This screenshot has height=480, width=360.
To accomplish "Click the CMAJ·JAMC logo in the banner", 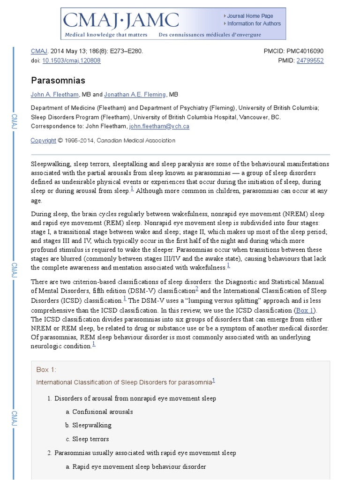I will (x=121, y=21).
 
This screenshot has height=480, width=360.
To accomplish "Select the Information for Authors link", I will (x=254, y=23).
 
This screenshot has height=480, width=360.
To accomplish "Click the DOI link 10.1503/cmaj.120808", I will (x=71, y=60).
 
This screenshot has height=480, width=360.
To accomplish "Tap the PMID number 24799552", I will (x=310, y=60).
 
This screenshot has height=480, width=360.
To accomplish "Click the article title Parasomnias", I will (x=58, y=81).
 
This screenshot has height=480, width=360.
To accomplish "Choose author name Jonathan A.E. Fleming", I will (x=135, y=95).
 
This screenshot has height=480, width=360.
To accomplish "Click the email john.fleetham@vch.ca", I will (x=159, y=126).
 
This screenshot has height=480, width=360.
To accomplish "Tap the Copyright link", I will (x=43, y=141).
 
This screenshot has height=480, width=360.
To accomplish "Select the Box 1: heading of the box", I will (x=46, y=370).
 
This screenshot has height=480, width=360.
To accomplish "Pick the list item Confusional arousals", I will (x=103, y=412).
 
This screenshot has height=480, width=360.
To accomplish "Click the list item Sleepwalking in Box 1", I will (x=92, y=425).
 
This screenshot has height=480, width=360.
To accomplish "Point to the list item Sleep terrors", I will (x=90, y=439).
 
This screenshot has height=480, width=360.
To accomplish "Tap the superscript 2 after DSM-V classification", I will (x=197, y=289).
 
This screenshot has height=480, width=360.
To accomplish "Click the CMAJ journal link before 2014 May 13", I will (x=39, y=51).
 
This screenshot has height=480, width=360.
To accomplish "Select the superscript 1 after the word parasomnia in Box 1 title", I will (x=214, y=380).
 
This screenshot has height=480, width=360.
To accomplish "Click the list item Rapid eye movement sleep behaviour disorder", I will (x=139, y=467).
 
